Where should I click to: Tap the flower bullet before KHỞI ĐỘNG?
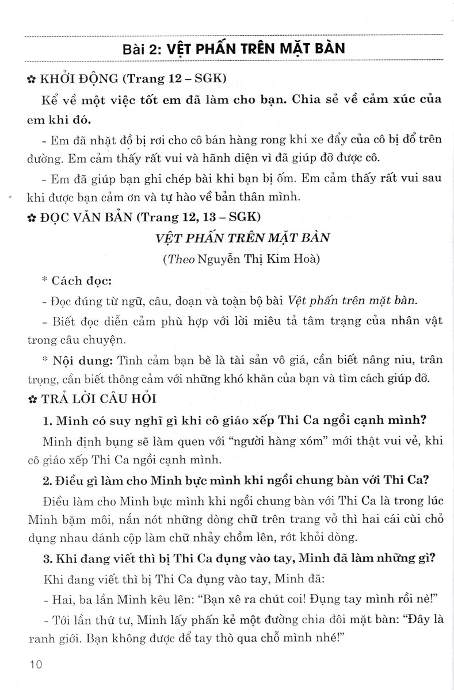(30, 79)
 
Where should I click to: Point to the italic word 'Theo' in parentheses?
(180, 259)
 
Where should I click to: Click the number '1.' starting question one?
(48, 420)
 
